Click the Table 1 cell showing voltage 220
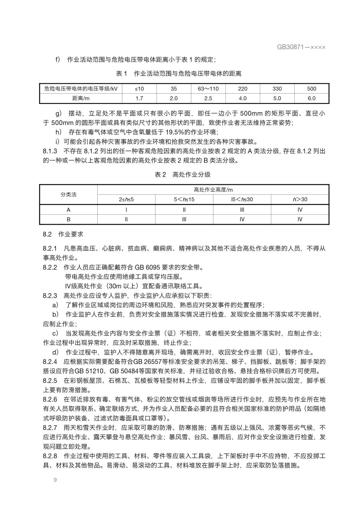click(x=243, y=89)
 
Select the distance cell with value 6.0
click(x=311, y=98)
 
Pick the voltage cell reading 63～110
click(x=208, y=89)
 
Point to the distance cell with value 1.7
click(x=139, y=98)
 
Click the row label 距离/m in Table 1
click(x=81, y=98)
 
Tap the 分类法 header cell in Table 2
click(x=69, y=194)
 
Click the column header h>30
click(x=300, y=199)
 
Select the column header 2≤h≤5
click(x=126, y=199)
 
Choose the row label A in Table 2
click(x=69, y=210)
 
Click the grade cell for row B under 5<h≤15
click(x=184, y=219)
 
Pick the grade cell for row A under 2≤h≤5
click(x=126, y=210)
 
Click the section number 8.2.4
click(x=50, y=362)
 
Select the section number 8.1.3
click(x=50, y=151)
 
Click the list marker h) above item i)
click(x=58, y=132)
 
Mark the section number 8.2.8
click(x=50, y=456)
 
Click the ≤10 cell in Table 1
click(x=139, y=89)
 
